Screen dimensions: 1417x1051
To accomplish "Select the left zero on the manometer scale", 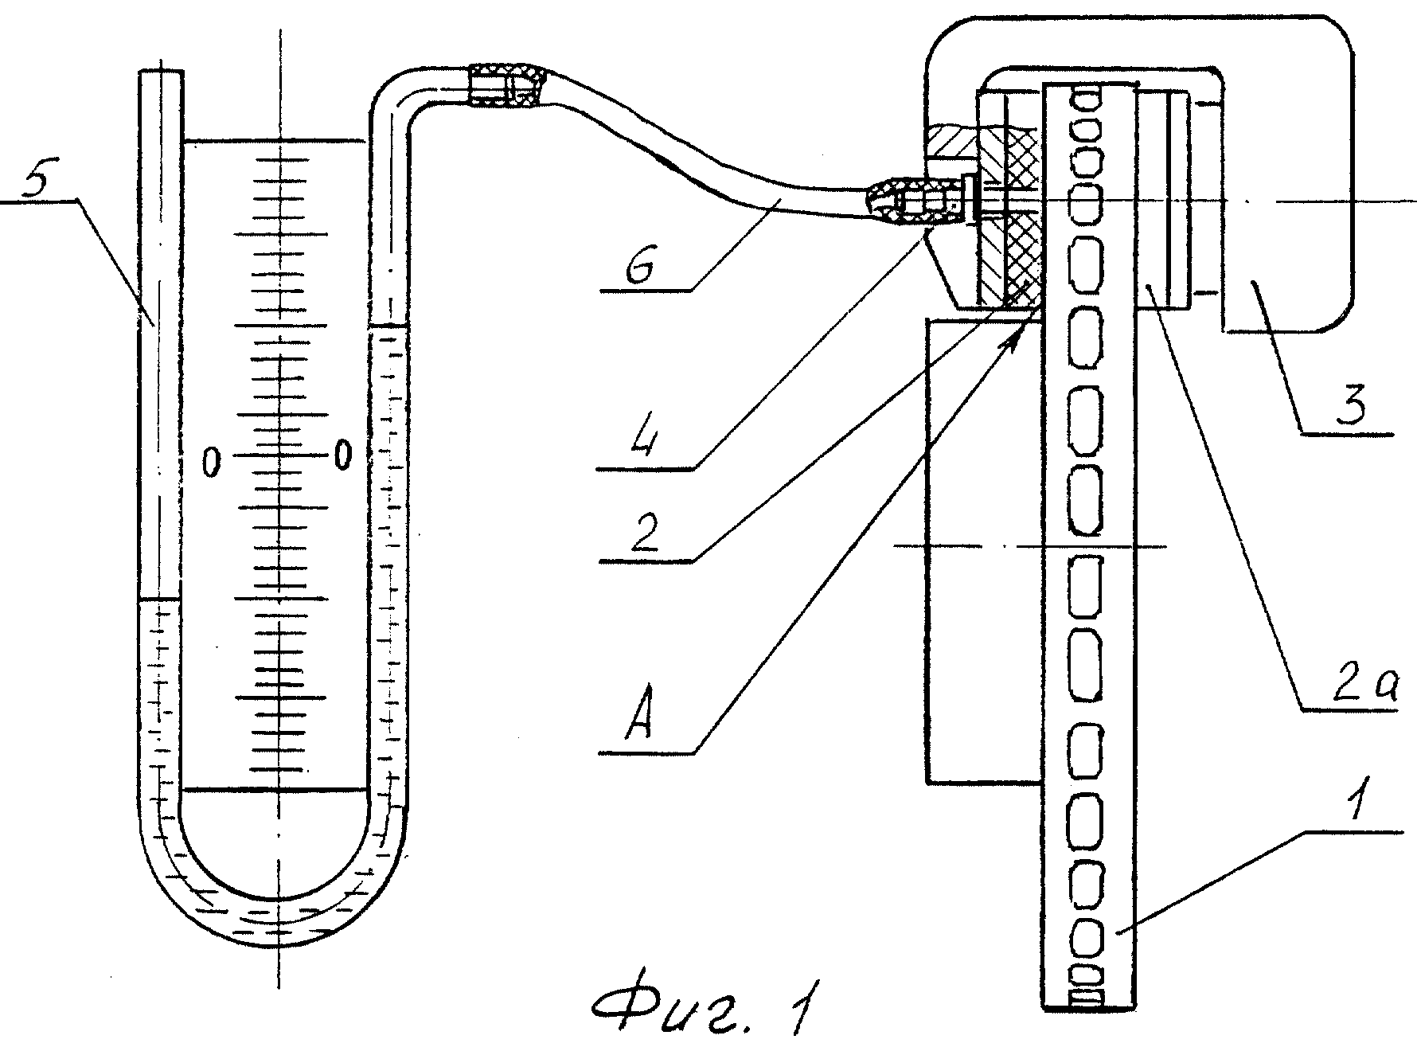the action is point(211,461).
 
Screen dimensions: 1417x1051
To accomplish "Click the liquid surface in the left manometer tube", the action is point(161,598).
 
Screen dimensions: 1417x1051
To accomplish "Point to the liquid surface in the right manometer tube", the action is point(389,325).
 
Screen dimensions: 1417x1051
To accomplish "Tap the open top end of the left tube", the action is point(162,72).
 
